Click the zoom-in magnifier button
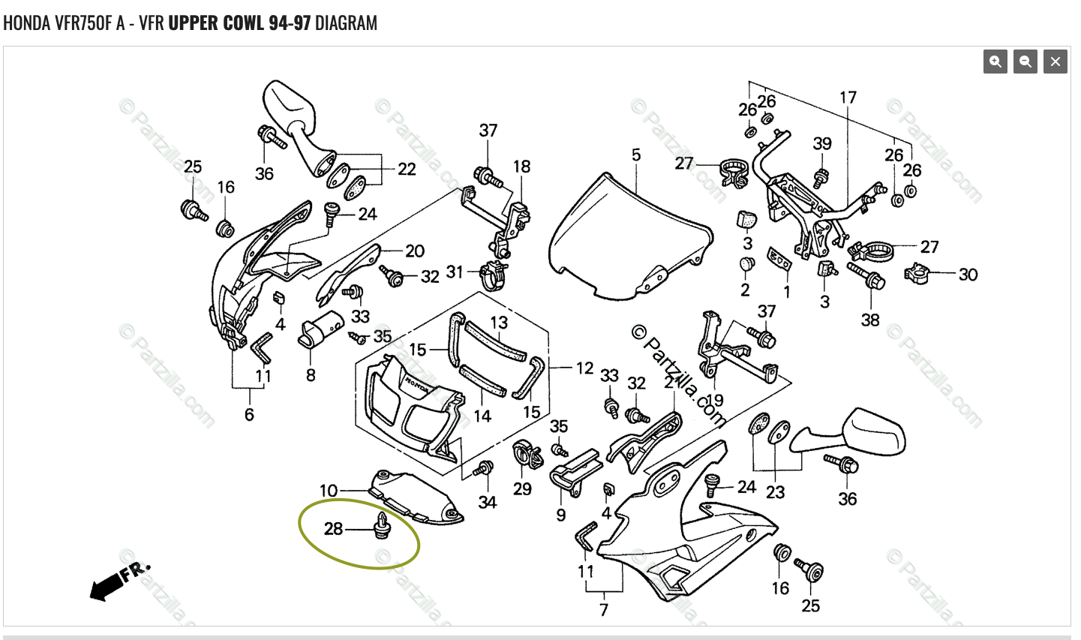click(x=995, y=62)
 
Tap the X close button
click(x=1055, y=62)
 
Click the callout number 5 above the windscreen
click(x=636, y=155)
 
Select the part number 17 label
click(x=848, y=98)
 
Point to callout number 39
click(x=822, y=143)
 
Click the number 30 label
click(x=968, y=275)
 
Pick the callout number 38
click(x=870, y=320)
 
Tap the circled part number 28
click(x=333, y=529)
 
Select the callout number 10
click(x=329, y=491)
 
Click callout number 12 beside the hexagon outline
click(x=584, y=368)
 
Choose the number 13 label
click(x=499, y=323)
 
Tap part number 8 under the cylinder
click(x=311, y=374)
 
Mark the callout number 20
click(x=415, y=251)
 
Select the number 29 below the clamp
click(x=522, y=489)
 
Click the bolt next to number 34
click(x=484, y=469)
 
